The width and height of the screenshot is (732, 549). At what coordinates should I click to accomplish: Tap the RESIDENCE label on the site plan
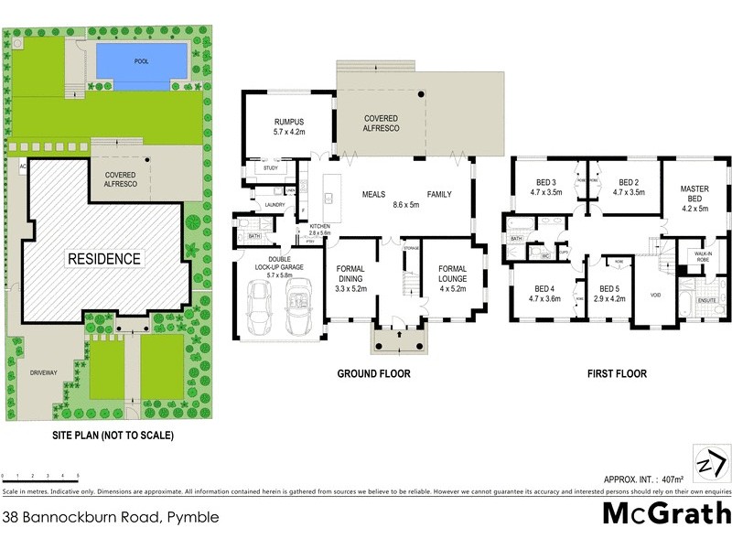click(103, 259)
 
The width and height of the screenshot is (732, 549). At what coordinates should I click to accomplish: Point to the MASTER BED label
click(694, 194)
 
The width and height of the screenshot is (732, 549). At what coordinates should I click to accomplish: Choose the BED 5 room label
click(608, 293)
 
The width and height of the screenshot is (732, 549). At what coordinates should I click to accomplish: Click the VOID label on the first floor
click(654, 296)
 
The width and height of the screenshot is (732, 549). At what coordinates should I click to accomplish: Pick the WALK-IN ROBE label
click(704, 255)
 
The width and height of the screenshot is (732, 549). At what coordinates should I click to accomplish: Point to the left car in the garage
click(259, 307)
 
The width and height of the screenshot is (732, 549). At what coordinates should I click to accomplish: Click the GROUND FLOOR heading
click(373, 373)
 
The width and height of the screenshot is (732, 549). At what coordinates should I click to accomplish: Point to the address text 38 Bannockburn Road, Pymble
click(112, 517)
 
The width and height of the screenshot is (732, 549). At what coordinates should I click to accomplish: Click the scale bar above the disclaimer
click(40, 477)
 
